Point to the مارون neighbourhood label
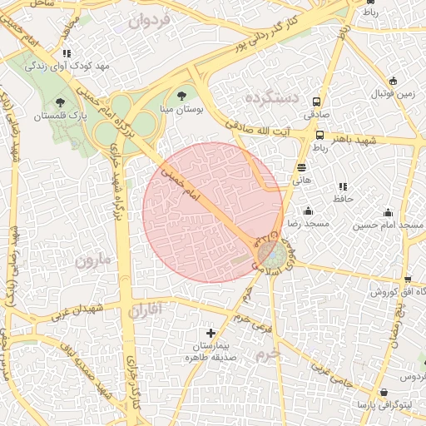93,260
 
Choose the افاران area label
148,310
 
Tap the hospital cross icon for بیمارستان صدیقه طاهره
211,333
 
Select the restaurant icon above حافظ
343,186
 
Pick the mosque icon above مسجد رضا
309,211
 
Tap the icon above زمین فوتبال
393,82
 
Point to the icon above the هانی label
301,167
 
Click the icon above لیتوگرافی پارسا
384,392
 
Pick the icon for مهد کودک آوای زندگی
67,53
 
